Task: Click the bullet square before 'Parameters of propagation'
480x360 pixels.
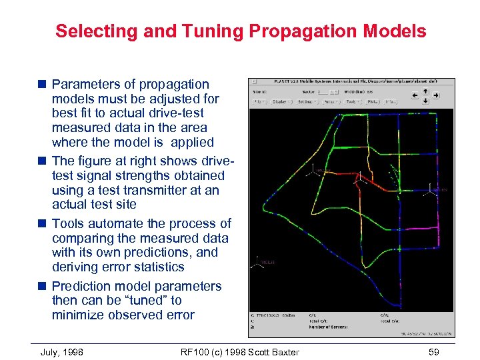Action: coord(43,85)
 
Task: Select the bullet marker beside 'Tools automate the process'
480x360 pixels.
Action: coord(43,224)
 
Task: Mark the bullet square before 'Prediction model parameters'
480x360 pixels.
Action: coord(43,287)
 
